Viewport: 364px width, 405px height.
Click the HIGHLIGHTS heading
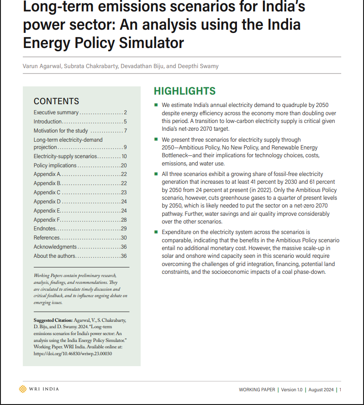click(x=185, y=91)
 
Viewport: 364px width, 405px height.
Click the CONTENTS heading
click(x=56, y=101)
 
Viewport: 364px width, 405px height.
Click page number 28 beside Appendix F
click(x=124, y=219)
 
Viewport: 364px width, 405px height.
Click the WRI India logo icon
click(x=23, y=389)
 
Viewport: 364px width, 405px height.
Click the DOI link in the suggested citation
click(x=73, y=353)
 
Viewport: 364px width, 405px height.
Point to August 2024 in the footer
click(x=322, y=389)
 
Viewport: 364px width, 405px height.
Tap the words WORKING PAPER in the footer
click(x=257, y=389)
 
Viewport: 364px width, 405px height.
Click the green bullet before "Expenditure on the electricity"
click(x=156, y=233)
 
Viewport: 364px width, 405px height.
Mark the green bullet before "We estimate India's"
click(x=156, y=105)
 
